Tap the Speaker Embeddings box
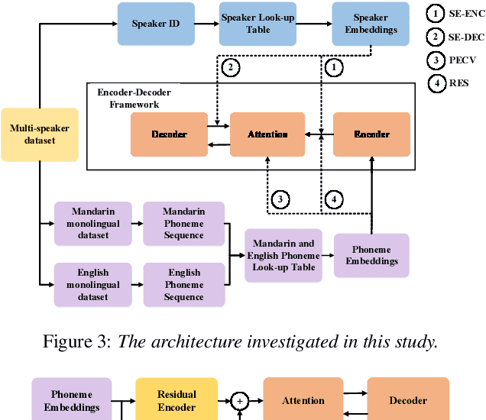tap(370, 23)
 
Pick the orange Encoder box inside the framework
tap(372, 134)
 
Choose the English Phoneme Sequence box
tap(184, 284)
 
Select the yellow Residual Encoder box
tap(177, 400)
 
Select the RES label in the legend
tap(459, 82)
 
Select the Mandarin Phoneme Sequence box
tap(184, 224)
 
